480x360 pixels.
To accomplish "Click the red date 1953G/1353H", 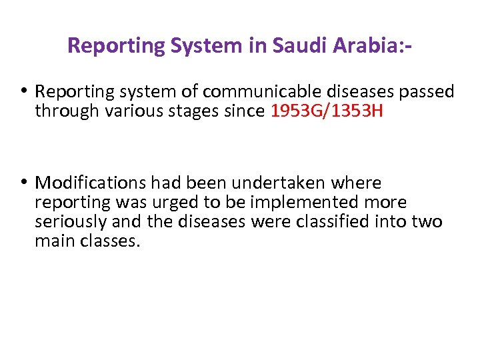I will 327,111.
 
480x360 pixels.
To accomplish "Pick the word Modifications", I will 91,182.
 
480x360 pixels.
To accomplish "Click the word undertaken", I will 285,182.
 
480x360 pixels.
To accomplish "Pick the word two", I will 426,221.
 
